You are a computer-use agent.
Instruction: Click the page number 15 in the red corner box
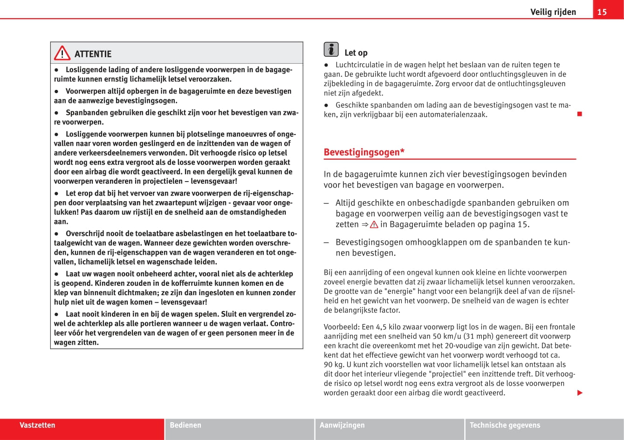pos(602,12)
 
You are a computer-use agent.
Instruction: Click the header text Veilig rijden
pos(553,12)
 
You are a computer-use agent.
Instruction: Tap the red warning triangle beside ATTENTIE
pos(62,54)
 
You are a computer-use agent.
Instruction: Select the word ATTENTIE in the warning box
pos(93,54)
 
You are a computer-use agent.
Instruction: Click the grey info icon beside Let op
pos(331,49)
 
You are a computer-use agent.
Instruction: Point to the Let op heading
pos(356,53)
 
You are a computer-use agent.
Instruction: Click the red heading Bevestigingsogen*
pos(364,152)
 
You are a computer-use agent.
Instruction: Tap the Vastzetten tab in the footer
pos(37,425)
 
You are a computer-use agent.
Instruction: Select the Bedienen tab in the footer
pos(185,425)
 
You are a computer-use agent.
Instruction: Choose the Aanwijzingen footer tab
pos(342,425)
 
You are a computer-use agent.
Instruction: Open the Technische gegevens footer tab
pos(505,425)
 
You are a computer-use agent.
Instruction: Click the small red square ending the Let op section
pos(580,115)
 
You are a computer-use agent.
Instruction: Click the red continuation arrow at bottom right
pos(580,393)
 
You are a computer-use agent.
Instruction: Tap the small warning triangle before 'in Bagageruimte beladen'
pos(374,224)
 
